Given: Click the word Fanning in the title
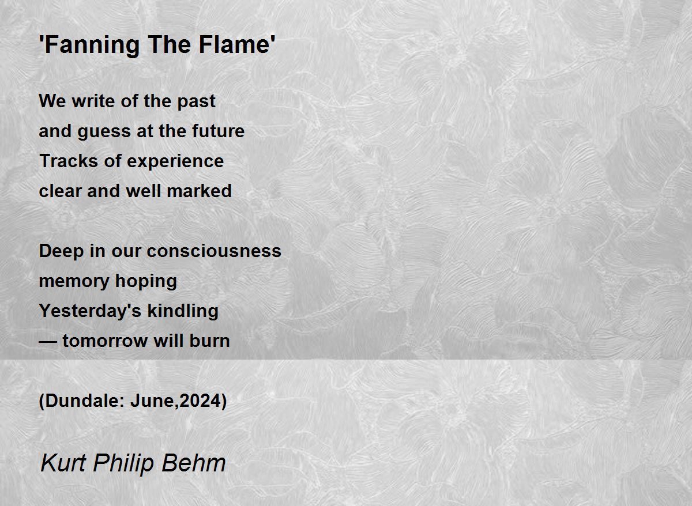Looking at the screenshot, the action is click(89, 45).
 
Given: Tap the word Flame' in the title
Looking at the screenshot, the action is click(237, 44).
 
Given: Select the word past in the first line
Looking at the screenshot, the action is click(196, 101).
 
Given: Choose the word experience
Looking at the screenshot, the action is click(175, 161).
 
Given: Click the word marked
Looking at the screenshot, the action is click(200, 191).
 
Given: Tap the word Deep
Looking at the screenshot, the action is click(62, 252).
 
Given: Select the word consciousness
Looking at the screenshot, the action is click(214, 251).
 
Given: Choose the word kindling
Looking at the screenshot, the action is click(183, 311).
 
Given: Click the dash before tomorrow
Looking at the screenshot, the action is click(48, 342).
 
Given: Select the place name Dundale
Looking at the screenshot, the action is click(84, 401).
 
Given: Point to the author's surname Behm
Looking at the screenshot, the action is click(194, 463).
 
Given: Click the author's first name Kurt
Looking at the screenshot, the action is click(63, 463).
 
